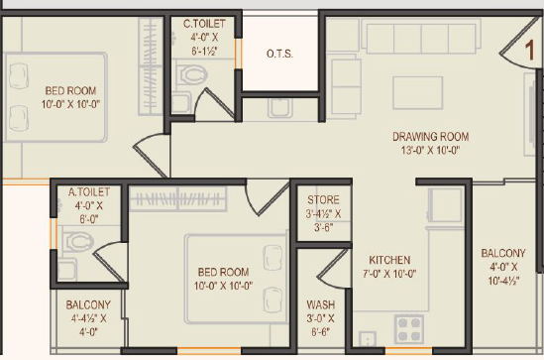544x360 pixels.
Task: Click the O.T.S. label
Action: pos(279,55)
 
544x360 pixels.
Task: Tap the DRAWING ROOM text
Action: pos(431,137)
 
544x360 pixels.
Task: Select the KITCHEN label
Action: pos(389,260)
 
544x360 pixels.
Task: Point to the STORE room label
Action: pos(323,199)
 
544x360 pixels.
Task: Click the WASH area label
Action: pos(321,304)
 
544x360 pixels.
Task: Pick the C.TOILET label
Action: pos(204,24)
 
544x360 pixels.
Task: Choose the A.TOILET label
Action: pos(89,192)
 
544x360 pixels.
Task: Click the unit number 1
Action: pos(530,51)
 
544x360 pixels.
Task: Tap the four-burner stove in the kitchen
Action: pos(409,328)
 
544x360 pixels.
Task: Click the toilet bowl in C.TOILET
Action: pos(192,74)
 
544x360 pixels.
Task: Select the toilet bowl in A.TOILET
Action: pos(78,241)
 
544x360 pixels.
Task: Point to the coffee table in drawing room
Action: pos(418,93)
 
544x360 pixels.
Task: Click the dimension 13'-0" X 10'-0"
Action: pos(431,151)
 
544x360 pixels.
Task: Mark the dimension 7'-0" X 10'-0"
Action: pos(389,274)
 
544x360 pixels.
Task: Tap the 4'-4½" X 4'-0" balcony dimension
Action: pos(89,325)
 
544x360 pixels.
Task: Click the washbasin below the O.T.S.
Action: pos(280,108)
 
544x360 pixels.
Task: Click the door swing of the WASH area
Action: pos(332,270)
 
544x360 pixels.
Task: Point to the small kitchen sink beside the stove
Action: pos(368,338)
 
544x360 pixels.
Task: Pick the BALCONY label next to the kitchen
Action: pos(503,253)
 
